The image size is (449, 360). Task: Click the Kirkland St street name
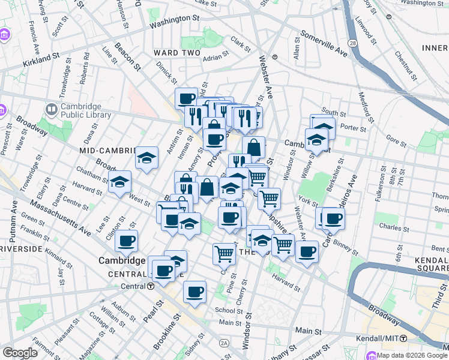click(41, 59)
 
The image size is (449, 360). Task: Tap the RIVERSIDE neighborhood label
click(20, 248)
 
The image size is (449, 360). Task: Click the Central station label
click(133, 286)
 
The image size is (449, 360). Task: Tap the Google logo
click(20, 353)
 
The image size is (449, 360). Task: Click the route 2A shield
click(224, 343)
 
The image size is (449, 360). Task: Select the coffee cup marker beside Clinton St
click(127, 242)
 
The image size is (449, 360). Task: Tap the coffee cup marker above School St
click(194, 292)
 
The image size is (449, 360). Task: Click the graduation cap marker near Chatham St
click(119, 182)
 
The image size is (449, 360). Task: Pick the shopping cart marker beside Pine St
click(224, 253)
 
